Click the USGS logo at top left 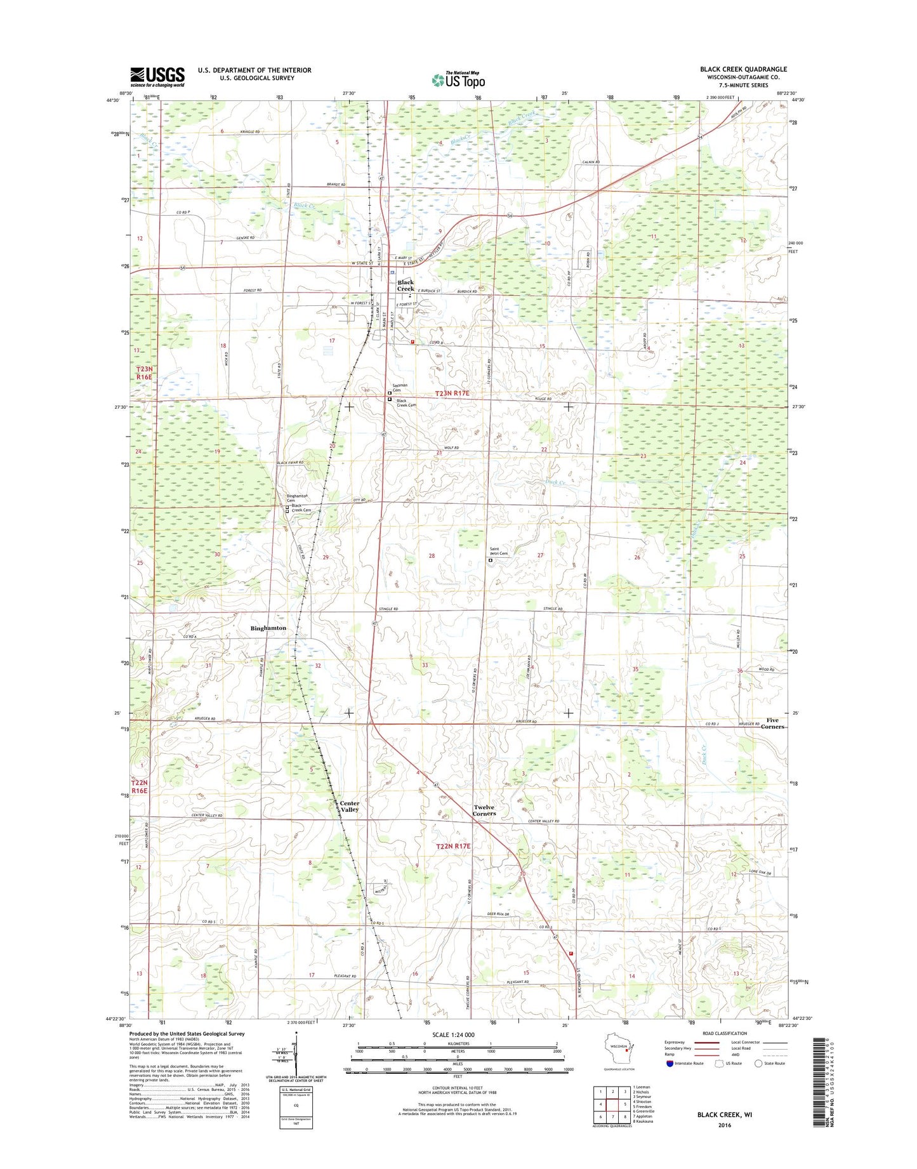(x=157, y=77)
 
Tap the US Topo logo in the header (x=458, y=80)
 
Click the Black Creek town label (x=406, y=286)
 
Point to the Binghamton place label (x=268, y=628)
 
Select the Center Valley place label (x=349, y=807)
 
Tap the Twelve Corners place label (x=484, y=810)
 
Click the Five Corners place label (x=772, y=723)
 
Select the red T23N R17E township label (x=452, y=394)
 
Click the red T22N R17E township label (x=453, y=847)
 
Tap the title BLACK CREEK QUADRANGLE (x=743, y=69)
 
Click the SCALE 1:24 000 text (x=453, y=1035)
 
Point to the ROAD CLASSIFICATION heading (x=725, y=1034)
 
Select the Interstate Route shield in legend (x=670, y=1064)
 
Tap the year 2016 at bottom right (x=725, y=1125)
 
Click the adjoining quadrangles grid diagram (x=612, y=1105)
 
